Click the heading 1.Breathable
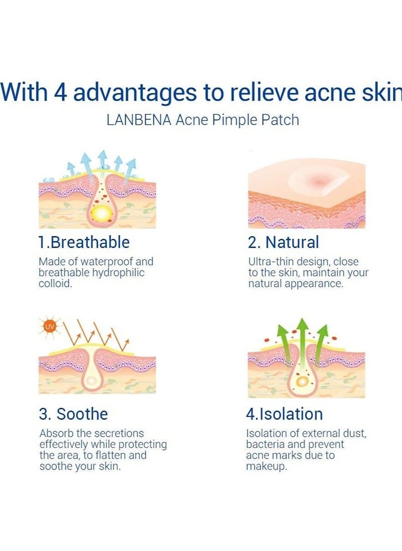(84, 242)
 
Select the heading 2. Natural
(283, 242)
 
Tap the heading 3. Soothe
(73, 414)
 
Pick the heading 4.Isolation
(284, 414)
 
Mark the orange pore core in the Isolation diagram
(302, 382)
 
